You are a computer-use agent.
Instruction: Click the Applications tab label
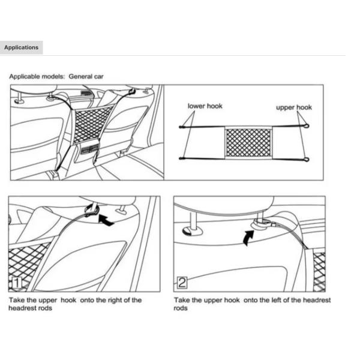click(x=21, y=47)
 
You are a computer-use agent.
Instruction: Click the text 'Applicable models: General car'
click(x=56, y=77)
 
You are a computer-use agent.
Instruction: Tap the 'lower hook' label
click(x=205, y=106)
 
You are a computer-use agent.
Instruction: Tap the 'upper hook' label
click(x=293, y=107)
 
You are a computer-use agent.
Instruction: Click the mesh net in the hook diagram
click(x=248, y=142)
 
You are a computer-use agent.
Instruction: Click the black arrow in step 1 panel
click(x=106, y=221)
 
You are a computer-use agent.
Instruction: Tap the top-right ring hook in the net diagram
click(x=307, y=127)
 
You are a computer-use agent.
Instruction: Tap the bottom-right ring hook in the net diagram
click(x=307, y=159)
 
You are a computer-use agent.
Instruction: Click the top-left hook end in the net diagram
click(x=181, y=127)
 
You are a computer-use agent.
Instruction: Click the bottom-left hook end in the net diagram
click(x=181, y=158)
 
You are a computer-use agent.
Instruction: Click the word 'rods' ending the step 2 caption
click(x=181, y=308)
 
